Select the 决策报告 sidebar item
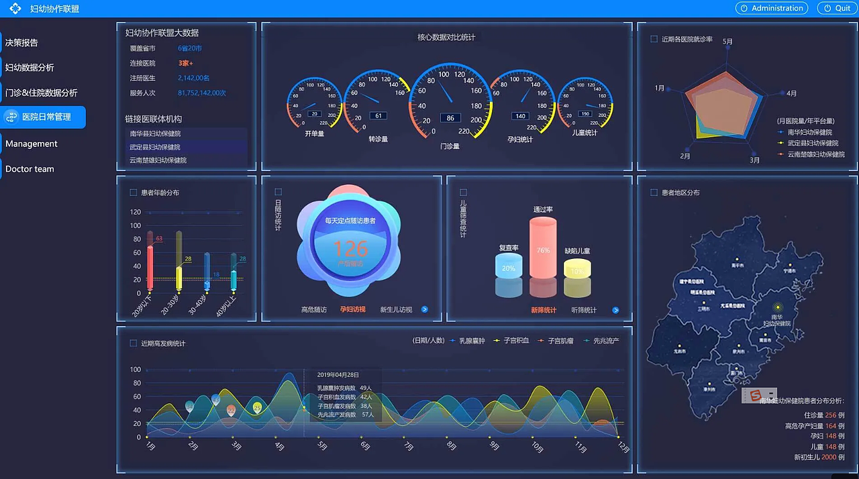(22, 43)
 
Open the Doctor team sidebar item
(30, 169)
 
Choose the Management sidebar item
(32, 144)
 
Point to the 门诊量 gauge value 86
(450, 118)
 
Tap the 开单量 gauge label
(314, 134)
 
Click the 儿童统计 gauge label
(584, 134)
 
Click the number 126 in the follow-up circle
(350, 249)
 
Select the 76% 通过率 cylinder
(543, 248)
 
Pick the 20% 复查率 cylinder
(509, 267)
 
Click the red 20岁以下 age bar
(150, 268)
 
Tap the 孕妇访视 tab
(352, 310)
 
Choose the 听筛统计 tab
(584, 310)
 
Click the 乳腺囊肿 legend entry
(471, 341)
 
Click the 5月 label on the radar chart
(727, 42)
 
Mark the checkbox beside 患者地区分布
(654, 193)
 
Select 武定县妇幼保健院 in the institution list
(155, 147)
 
